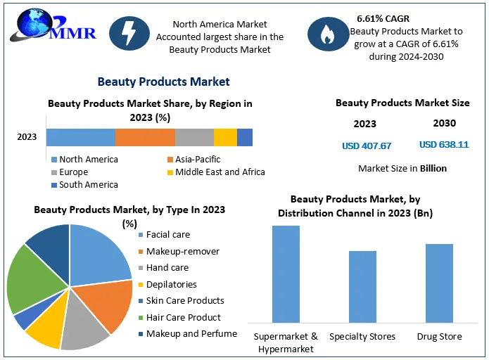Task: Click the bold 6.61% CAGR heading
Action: point(383,18)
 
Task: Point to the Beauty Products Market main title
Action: point(163,82)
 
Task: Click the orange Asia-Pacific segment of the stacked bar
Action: point(145,137)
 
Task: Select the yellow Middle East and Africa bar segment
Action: point(225,137)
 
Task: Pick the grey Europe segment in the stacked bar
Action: point(194,137)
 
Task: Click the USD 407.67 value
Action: point(367,146)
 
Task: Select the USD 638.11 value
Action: point(444,145)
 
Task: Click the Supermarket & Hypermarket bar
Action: point(286,274)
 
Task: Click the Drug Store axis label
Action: point(439,336)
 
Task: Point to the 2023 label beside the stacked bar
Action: point(27,137)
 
